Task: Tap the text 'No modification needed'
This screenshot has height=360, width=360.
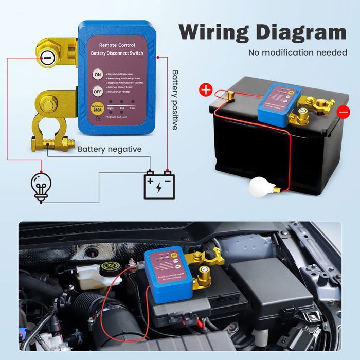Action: [x=298, y=52]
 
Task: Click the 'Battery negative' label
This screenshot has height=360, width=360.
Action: [x=110, y=149]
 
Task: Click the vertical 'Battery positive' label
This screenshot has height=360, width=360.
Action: [x=175, y=100]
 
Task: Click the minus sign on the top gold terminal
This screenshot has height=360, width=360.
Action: [x=46, y=58]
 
